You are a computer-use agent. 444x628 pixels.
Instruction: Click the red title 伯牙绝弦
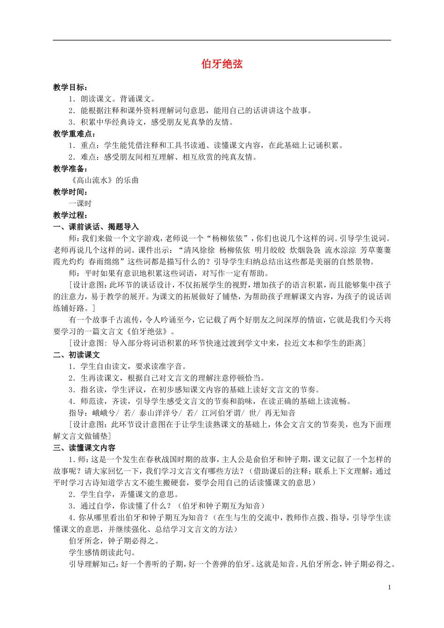pos(222,64)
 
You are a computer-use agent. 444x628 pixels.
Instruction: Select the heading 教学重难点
pos(73,134)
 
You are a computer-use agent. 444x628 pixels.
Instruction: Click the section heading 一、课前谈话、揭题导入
pos(96,227)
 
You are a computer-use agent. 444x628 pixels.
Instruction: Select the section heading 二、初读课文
pos(77,355)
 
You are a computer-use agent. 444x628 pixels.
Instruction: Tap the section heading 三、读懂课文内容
pos(85,448)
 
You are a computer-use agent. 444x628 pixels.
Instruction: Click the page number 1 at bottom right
pos(389,587)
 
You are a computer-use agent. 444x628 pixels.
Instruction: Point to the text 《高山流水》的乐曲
pos(104,180)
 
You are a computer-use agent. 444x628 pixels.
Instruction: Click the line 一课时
pos(80,204)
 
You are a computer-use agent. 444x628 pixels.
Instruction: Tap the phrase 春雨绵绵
pos(106,262)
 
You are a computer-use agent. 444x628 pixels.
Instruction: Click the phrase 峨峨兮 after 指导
pos(104,413)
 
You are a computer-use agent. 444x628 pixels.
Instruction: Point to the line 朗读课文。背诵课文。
pos(118,99)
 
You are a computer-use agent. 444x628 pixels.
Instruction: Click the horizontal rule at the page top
pos(222,40)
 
